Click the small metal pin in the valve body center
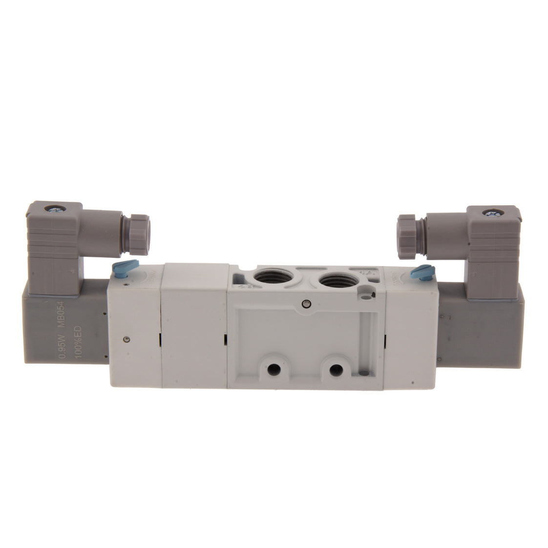[x=305, y=303]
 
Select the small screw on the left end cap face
[x=126, y=340]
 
